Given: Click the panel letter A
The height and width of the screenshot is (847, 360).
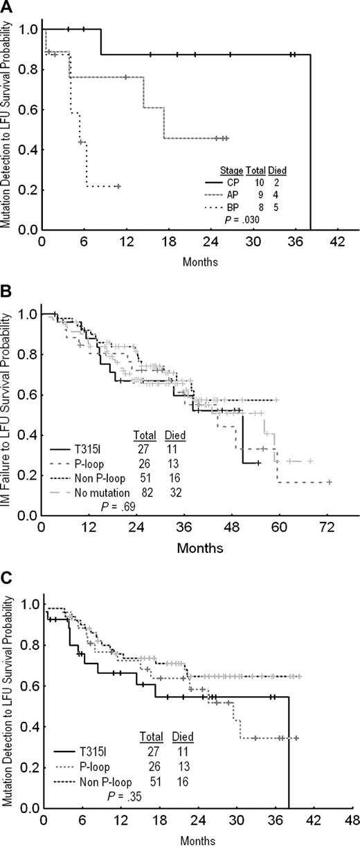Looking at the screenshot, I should (x=7, y=7).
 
